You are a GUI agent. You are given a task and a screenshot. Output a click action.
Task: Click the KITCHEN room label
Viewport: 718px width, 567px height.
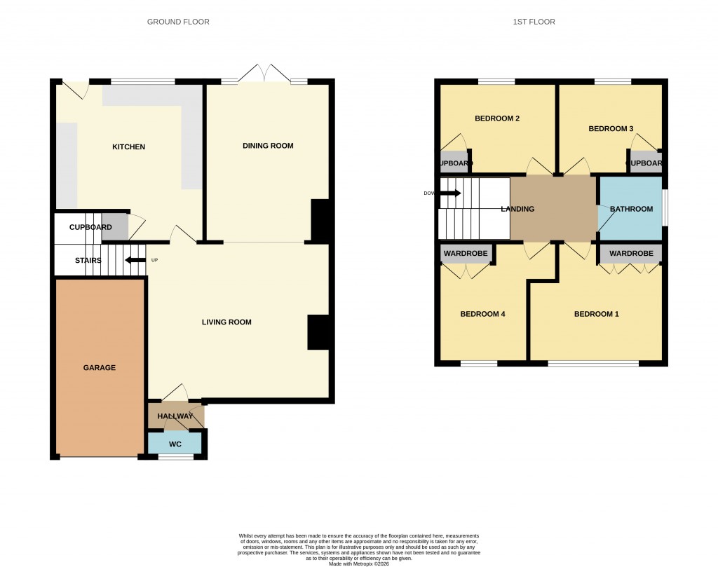pyautogui.click(x=129, y=147)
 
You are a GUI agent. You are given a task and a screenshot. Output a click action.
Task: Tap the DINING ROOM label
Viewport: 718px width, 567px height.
pyautogui.click(x=268, y=146)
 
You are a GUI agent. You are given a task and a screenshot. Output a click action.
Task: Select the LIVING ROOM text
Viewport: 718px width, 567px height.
pyautogui.click(x=226, y=322)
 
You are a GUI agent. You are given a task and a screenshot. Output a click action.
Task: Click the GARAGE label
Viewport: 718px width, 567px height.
pyautogui.click(x=100, y=368)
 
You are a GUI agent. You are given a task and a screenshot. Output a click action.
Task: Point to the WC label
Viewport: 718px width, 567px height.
pyautogui.click(x=175, y=444)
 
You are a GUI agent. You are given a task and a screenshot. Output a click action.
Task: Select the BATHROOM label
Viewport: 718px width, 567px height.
pyautogui.click(x=631, y=209)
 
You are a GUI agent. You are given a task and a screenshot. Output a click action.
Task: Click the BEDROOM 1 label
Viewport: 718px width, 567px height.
pyautogui.click(x=597, y=314)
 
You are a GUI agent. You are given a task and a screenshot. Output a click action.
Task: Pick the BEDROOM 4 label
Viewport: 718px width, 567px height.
pyautogui.click(x=482, y=314)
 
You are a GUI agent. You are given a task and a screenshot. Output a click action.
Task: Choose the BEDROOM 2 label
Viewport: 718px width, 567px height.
pyautogui.click(x=497, y=118)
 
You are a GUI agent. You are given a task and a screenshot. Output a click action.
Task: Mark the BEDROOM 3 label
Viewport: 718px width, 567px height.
pyautogui.click(x=611, y=129)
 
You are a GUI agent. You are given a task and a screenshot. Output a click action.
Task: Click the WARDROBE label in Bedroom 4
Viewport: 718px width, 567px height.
pyautogui.click(x=465, y=253)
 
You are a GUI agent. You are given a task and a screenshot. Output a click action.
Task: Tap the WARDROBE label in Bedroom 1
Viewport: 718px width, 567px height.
pyautogui.click(x=631, y=253)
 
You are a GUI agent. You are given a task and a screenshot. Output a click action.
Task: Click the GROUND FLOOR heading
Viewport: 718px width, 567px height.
pyautogui.click(x=178, y=22)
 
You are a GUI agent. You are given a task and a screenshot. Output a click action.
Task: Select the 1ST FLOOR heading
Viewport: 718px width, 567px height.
pyautogui.click(x=534, y=22)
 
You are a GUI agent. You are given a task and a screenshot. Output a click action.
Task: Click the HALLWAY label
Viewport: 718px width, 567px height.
pyautogui.click(x=175, y=416)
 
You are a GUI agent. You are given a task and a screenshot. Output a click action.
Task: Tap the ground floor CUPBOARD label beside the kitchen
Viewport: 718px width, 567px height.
pyautogui.click(x=90, y=228)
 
